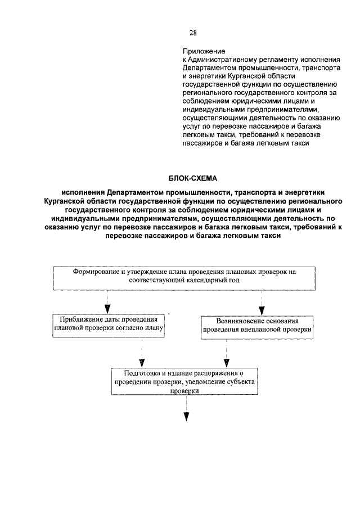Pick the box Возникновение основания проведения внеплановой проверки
pyautogui.click(x=257, y=326)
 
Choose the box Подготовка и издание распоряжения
pyautogui.click(x=185, y=381)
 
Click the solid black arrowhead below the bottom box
pyautogui.click(x=186, y=417)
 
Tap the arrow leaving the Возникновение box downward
pyautogui.click(x=226, y=354)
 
